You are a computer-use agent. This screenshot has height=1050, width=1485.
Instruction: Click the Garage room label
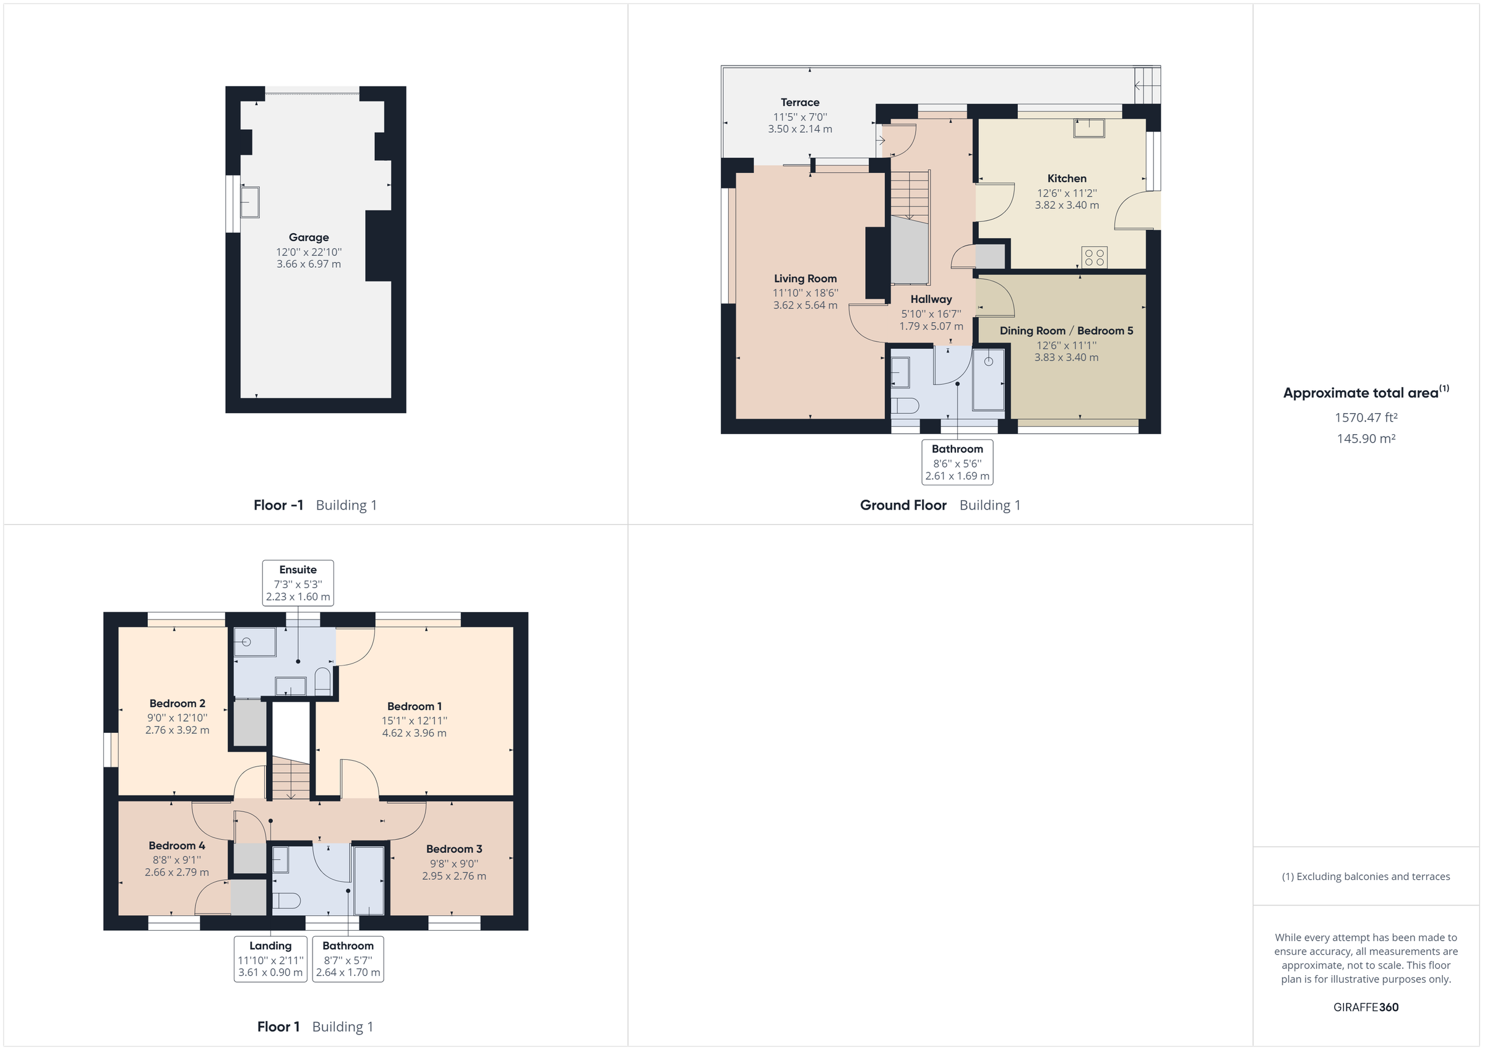(x=309, y=237)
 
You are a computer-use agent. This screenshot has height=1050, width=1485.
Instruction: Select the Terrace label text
(x=799, y=102)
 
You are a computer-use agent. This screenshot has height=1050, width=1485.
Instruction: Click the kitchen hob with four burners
(x=1094, y=257)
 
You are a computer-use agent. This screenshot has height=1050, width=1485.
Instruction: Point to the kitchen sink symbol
(x=1089, y=128)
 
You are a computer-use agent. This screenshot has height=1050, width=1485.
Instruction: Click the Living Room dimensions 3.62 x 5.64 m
(x=804, y=305)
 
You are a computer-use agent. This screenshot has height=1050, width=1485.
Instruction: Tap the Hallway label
(x=931, y=299)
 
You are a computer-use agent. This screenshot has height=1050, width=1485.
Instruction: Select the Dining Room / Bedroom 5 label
(x=1066, y=330)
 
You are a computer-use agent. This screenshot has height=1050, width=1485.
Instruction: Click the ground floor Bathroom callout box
(x=957, y=462)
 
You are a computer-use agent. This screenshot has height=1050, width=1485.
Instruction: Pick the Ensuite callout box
(x=298, y=583)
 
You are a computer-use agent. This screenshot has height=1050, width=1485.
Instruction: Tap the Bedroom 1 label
(x=414, y=706)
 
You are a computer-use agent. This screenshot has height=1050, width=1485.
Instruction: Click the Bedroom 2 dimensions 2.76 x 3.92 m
(x=177, y=730)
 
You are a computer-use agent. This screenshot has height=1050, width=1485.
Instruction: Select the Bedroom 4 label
(x=176, y=846)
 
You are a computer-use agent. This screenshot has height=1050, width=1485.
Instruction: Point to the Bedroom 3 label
(x=454, y=849)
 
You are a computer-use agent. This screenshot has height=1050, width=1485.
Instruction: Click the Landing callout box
(x=270, y=958)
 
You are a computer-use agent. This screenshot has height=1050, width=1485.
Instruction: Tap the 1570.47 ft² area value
(x=1366, y=417)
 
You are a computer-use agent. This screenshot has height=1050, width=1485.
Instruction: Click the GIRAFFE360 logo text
(x=1366, y=1007)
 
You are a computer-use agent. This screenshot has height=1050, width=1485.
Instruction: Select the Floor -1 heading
(x=278, y=505)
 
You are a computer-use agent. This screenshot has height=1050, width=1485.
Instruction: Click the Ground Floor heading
(x=902, y=505)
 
